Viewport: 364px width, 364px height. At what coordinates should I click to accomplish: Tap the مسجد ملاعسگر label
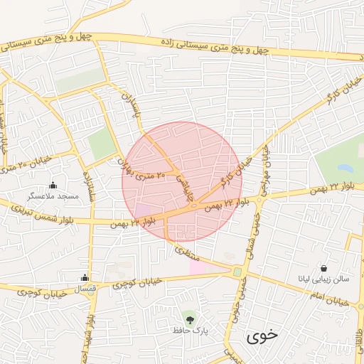52,195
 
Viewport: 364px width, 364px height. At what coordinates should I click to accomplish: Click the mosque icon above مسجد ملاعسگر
53,185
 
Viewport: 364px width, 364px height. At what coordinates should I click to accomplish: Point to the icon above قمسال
85,277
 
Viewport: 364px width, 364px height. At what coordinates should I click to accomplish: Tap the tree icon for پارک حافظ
188,317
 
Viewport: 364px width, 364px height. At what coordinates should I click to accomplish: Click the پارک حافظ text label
188,329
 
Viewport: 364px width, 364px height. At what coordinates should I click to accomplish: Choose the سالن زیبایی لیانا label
324,279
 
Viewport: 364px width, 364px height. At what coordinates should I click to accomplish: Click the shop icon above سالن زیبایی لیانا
324,269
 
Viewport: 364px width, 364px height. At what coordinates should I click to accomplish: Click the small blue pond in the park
346,168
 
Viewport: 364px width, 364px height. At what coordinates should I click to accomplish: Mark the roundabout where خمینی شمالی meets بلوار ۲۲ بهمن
260,201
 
